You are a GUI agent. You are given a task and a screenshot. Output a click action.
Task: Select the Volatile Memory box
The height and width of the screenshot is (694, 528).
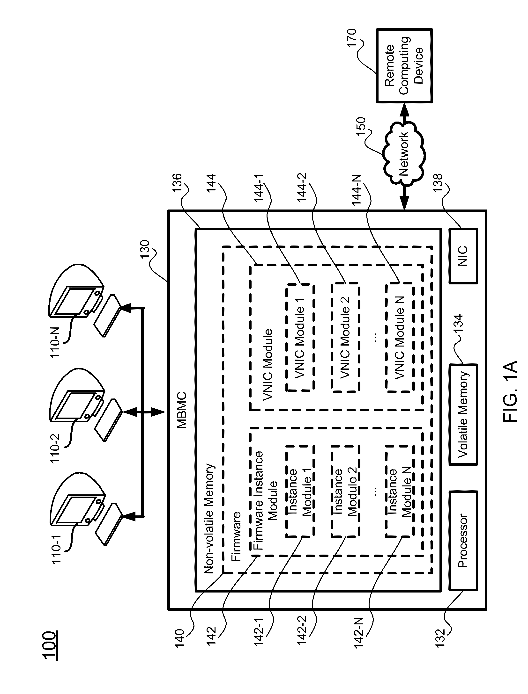(x=463, y=414)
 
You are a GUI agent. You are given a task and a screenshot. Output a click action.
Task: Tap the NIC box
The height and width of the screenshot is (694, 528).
(x=463, y=256)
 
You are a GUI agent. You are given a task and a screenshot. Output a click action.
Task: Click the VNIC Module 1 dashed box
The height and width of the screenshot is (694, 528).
(x=300, y=338)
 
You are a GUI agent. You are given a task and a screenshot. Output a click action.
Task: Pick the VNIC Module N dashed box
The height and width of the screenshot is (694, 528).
(x=399, y=338)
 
